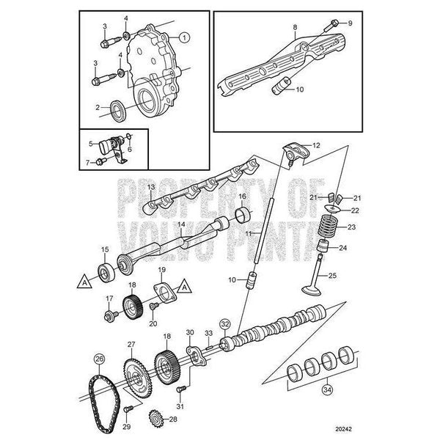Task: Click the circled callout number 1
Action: pos(184,37)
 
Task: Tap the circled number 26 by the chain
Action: pos(99,359)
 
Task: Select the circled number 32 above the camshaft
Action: pos(225,324)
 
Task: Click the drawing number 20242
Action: pos(343,429)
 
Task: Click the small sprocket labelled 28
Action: pos(155,419)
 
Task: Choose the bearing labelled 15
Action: pos(106,272)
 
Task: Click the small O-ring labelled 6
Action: pos(128,136)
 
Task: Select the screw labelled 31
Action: pos(181,389)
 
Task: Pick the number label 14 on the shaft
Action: pos(182,224)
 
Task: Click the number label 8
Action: pos(295,27)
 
